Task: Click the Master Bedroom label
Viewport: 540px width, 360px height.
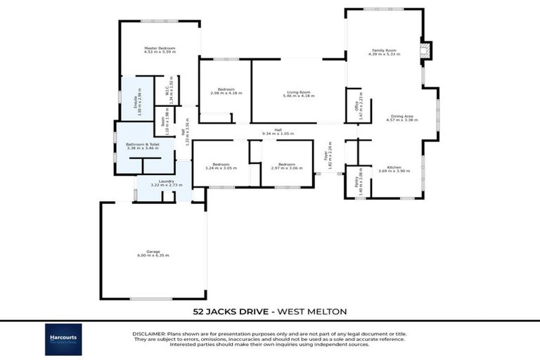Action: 159,48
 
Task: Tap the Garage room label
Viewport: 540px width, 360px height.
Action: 153,251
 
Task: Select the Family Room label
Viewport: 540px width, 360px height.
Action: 384,51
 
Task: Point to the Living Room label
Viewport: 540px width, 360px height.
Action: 299,92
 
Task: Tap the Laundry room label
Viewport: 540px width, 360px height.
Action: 166,181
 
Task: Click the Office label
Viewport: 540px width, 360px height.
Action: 356,107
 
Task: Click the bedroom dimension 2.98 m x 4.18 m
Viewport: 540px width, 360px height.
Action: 226,93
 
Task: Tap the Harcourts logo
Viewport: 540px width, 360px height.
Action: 63,339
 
